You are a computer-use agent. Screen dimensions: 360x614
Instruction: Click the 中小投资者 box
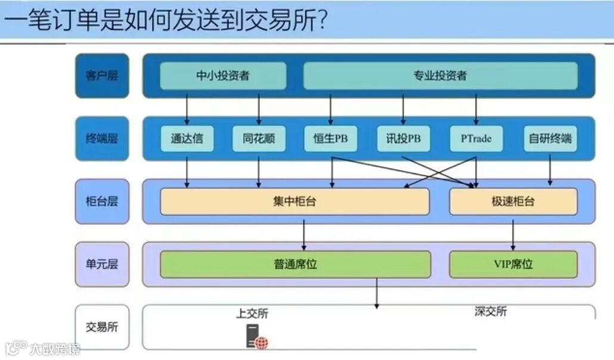coord(223,76)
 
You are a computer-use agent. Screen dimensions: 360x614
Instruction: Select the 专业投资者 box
coord(441,76)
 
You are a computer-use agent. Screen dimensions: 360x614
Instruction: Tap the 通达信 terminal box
coord(187,139)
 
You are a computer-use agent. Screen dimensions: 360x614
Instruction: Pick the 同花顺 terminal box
coord(259,139)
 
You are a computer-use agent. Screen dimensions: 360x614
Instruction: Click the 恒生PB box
coord(331,139)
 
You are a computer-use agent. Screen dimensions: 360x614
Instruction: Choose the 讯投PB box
coord(403,139)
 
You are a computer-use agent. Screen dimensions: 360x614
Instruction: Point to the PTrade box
coord(476,139)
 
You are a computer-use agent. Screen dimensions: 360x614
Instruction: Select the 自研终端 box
coord(550,139)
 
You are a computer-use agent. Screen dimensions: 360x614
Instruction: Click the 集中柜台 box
coord(294,201)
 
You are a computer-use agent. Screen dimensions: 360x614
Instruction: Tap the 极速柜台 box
coord(513,201)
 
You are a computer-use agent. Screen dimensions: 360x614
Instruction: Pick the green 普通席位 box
coord(295,264)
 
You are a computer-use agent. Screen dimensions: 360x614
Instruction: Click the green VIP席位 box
coord(513,264)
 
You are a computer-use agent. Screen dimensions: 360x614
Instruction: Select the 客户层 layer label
coord(102,76)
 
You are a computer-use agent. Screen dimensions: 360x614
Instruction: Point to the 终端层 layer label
coord(102,139)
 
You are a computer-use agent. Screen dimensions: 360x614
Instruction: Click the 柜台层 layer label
coord(102,201)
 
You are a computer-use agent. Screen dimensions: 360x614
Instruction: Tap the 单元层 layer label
coord(102,264)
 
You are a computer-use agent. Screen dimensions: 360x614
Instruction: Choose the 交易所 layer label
coord(102,327)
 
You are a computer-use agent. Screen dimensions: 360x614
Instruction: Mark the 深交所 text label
coord(491,311)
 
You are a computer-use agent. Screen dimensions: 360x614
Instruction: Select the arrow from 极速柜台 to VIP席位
coord(513,233)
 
